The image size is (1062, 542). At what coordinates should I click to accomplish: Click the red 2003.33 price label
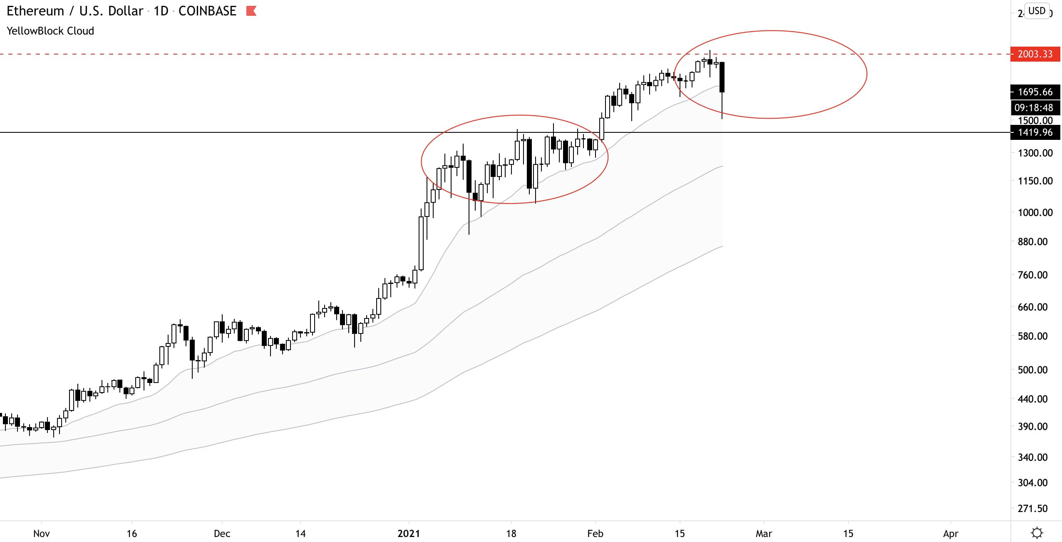[1035, 54]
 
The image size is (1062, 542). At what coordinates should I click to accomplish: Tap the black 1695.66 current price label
[1035, 92]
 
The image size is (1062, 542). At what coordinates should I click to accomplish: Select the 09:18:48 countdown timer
[1034, 108]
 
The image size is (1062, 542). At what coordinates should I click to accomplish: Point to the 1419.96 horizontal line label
[1035, 132]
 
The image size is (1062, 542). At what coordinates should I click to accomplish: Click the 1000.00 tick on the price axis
[1035, 212]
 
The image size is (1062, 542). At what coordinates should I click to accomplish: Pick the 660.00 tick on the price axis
[1035, 307]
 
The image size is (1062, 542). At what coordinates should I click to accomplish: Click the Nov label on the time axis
[42, 533]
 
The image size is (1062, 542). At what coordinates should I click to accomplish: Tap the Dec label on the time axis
[222, 533]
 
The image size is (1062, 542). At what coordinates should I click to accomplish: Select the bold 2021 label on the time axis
[409, 533]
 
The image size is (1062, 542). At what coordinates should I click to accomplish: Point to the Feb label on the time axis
[595, 533]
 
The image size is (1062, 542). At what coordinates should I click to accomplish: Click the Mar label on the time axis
[764, 533]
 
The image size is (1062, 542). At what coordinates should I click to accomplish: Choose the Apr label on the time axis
[950, 533]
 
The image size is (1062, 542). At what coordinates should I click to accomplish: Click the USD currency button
[1037, 11]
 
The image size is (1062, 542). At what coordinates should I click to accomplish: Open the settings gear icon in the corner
[1037, 533]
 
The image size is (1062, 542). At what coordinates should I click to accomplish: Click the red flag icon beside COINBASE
[251, 11]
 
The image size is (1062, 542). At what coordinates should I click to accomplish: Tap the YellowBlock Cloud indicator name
[50, 31]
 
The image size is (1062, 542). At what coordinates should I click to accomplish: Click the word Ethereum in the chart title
[35, 11]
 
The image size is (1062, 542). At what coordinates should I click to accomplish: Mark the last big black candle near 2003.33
[722, 77]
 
